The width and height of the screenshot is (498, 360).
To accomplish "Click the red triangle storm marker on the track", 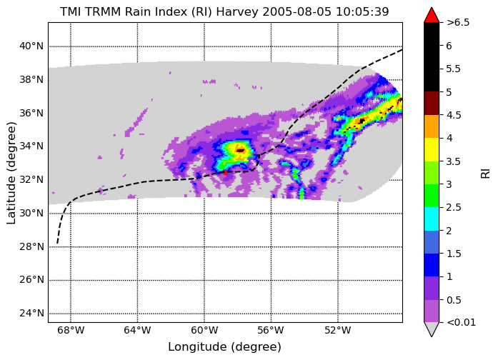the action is tap(225, 172).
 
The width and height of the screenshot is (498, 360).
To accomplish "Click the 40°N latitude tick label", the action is tap(31, 46).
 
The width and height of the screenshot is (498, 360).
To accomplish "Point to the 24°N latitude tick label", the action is tap(31, 314).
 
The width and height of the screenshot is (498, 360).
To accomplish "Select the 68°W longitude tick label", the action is tap(71, 331).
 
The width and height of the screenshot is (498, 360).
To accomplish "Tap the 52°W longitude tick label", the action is tap(338, 331).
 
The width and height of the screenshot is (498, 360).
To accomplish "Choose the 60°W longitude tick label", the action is tap(204, 331).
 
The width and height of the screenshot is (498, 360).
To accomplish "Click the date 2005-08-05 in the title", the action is tap(297, 11).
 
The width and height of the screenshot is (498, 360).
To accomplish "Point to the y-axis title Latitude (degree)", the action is tap(11, 173).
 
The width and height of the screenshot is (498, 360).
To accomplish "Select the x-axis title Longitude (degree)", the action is tap(224, 347).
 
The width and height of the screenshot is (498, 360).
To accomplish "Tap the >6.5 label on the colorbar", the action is tap(458, 23).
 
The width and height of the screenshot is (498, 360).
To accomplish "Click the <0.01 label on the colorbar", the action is tap(461, 323).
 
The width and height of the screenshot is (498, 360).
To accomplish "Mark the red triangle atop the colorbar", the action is tap(432, 15).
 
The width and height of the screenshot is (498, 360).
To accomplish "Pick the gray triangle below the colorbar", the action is tap(432, 329).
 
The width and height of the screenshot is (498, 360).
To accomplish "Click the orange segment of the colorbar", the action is tap(432, 126).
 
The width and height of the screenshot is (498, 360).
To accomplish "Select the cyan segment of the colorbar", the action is tap(432, 219).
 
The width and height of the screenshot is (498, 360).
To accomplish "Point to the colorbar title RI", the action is tap(485, 174).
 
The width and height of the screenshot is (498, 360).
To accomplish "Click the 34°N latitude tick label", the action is tap(31, 146).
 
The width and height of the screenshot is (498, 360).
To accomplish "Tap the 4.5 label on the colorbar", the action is tap(454, 115).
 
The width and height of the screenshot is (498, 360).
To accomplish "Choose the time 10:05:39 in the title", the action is tap(362, 11).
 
